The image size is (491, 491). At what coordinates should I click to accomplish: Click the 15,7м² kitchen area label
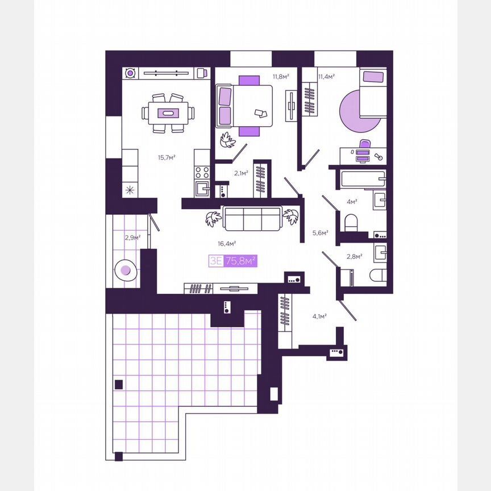click(x=167, y=157)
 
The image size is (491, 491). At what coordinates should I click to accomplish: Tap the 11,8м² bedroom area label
click(x=281, y=76)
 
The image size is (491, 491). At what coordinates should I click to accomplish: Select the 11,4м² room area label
click(x=327, y=76)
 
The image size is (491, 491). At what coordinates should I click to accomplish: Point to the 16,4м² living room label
click(x=227, y=243)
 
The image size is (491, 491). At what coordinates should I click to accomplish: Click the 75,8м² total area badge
click(x=241, y=260)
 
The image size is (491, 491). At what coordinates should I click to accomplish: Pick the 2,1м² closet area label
click(x=241, y=173)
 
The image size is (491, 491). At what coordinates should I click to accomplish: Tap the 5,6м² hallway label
click(x=321, y=232)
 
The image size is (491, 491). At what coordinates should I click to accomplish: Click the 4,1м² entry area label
click(x=319, y=317)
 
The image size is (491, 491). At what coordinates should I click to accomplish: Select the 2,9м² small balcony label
click(x=133, y=238)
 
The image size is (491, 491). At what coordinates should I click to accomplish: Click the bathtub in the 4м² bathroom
click(x=363, y=179)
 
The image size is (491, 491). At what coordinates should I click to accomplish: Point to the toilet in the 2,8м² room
click(x=378, y=275)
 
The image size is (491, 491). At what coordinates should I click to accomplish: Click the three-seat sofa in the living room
click(x=252, y=219)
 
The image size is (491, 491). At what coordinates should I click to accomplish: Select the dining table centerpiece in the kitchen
click(x=168, y=113)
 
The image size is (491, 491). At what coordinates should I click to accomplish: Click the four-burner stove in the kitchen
click(x=202, y=172)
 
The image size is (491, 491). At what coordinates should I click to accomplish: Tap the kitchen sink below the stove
click(x=202, y=189)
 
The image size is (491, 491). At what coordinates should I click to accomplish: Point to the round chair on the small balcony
click(x=126, y=269)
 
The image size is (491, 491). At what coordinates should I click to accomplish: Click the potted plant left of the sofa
click(x=213, y=219)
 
